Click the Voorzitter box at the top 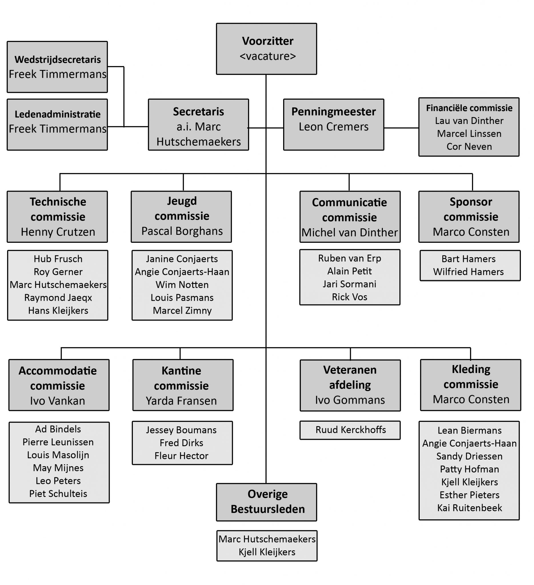(266, 49)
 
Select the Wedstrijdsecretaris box (57, 67)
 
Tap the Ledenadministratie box (57, 125)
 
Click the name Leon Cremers (333, 127)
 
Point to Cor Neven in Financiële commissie (469, 147)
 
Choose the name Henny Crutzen (58, 232)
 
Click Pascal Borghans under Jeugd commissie (182, 231)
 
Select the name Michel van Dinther (349, 233)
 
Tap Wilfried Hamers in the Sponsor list (468, 272)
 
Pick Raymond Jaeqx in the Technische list (58, 297)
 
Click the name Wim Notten (182, 285)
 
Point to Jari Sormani (349, 284)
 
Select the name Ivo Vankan (58, 401)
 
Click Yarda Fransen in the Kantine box (181, 401)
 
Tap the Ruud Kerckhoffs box (350, 430)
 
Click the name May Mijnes (58, 468)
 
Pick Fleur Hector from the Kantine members (181, 456)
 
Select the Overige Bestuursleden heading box (266, 502)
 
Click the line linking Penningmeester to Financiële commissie (401, 128)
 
